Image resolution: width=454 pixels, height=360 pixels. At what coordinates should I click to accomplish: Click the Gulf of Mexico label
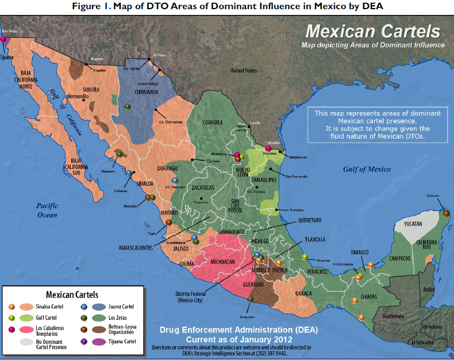(367, 169)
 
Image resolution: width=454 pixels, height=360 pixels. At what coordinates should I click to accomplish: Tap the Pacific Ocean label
(47, 210)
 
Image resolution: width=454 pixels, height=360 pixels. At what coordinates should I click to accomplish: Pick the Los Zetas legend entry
(121, 317)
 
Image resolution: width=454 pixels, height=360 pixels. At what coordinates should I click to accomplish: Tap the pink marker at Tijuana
(3, 39)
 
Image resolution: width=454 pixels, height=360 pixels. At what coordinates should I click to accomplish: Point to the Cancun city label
(432, 196)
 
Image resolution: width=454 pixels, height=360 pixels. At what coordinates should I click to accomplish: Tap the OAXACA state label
(302, 293)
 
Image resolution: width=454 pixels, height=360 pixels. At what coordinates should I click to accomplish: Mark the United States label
(244, 70)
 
